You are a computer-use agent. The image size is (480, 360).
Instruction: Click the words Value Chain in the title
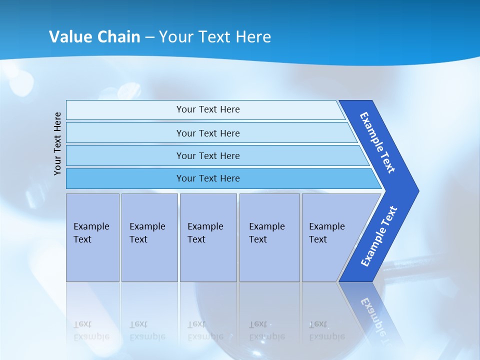(x=94, y=37)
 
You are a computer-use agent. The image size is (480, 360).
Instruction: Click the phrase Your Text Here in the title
(x=215, y=37)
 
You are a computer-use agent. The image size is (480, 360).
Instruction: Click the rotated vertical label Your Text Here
(x=58, y=143)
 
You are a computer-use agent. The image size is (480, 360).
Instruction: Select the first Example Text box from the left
(x=92, y=237)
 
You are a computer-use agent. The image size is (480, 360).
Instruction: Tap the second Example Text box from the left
(x=149, y=237)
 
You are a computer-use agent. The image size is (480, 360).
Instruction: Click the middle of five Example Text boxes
(x=208, y=237)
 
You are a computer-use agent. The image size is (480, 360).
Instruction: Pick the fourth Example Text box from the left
(x=269, y=237)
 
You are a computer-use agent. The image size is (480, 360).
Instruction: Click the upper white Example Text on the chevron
(x=377, y=142)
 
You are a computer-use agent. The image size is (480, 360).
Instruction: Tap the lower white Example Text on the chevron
(x=379, y=236)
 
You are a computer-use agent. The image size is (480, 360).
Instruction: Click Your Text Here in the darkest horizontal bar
(x=208, y=178)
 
